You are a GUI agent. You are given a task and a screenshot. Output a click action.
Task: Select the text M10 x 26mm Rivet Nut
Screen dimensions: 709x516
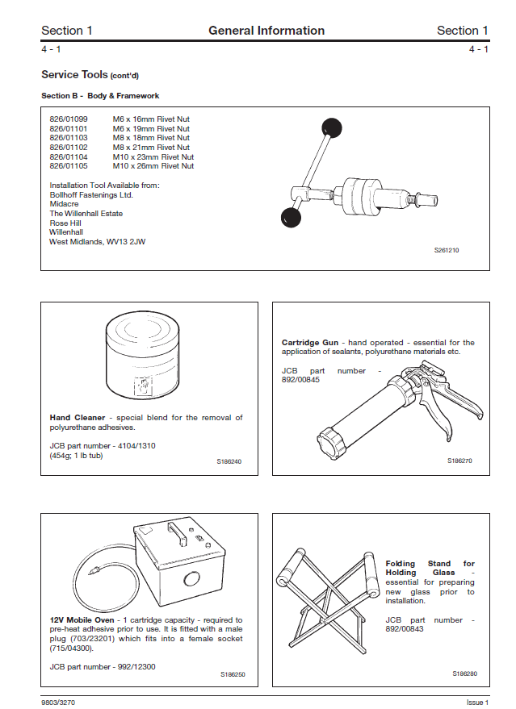click(153, 166)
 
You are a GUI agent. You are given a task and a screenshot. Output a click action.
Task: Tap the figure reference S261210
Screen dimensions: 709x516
click(447, 251)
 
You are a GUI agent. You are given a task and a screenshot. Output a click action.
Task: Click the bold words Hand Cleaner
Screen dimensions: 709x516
click(78, 418)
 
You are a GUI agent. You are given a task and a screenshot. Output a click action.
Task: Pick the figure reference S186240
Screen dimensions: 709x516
click(229, 461)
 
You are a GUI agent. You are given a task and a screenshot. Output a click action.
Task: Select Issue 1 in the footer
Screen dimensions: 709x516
click(477, 703)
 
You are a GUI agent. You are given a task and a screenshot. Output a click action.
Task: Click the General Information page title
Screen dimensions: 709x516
click(266, 31)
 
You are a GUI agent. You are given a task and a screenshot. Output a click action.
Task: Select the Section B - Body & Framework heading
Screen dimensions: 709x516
click(100, 96)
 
